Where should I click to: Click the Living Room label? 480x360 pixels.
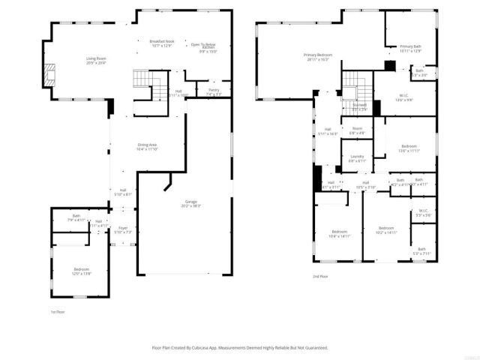95,58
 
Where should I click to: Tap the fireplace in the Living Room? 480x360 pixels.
50,73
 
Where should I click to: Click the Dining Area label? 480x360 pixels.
146,145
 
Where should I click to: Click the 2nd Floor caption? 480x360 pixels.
321,276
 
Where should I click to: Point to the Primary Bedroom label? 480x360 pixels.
318,55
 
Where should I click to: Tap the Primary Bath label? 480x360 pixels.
410,47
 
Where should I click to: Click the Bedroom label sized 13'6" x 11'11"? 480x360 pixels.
409,147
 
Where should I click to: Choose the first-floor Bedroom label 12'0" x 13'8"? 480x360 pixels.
81,269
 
